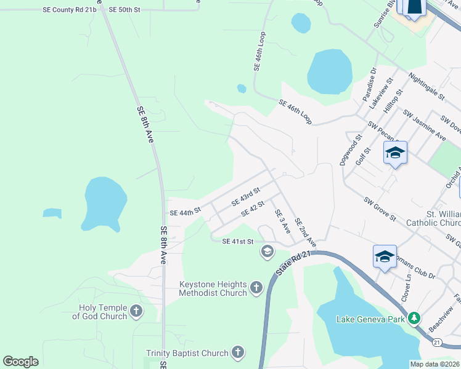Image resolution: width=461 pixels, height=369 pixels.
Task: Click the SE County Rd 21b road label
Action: (x=70, y=10)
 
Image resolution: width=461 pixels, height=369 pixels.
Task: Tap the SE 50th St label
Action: (x=124, y=10)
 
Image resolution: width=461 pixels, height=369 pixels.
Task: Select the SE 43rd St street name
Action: (x=246, y=197)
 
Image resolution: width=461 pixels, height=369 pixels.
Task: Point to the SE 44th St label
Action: (x=185, y=211)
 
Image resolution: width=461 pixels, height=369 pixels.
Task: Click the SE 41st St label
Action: (x=238, y=242)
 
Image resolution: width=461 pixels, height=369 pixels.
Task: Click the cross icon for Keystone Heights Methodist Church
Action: (x=256, y=287)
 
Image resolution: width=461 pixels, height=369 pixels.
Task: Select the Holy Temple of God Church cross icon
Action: (x=136, y=312)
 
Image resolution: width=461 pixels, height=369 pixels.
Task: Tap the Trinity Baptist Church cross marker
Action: (x=237, y=352)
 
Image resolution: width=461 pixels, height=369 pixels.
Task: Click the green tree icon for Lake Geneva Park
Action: (x=415, y=318)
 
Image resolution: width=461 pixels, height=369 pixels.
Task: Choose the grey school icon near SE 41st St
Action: (x=267, y=250)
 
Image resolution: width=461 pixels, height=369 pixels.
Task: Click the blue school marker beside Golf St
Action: (x=394, y=153)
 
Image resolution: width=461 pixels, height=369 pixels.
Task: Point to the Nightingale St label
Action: (x=426, y=85)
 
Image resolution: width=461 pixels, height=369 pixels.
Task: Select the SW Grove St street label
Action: (x=380, y=209)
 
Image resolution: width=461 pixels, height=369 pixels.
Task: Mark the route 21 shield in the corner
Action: (x=436, y=341)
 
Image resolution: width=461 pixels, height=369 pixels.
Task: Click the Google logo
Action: (x=21, y=362)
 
